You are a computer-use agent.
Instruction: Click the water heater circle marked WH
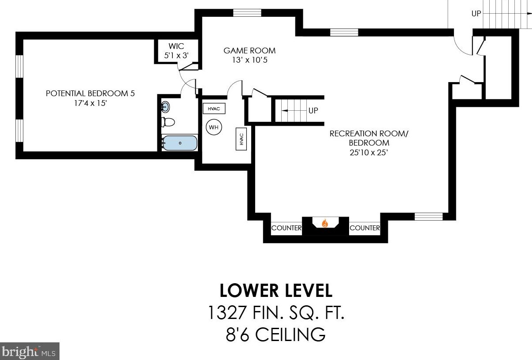click(214, 127)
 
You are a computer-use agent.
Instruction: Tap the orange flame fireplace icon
click(325, 223)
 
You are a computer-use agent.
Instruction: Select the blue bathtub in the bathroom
click(180, 143)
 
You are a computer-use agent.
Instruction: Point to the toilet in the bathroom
click(168, 122)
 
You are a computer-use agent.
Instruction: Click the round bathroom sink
click(166, 107)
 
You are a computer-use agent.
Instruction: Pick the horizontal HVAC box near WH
click(214, 109)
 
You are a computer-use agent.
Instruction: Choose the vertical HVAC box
click(241, 139)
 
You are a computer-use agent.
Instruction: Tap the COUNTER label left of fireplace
click(286, 228)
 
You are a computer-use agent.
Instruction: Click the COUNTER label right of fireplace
click(365, 228)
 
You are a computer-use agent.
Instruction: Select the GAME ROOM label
click(249, 50)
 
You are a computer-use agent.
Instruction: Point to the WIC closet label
click(176, 46)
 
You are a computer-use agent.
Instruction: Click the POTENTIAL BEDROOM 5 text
click(90, 93)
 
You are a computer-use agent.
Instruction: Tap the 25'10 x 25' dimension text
click(368, 152)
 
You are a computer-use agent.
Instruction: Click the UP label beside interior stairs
click(313, 111)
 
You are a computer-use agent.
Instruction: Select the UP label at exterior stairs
click(476, 14)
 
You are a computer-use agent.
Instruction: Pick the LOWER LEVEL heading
click(276, 290)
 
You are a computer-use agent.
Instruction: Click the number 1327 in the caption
click(227, 312)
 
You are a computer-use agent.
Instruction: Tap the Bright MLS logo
click(30, 351)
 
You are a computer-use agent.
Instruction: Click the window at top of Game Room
click(247, 13)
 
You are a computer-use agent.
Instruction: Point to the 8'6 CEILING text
click(276, 334)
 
